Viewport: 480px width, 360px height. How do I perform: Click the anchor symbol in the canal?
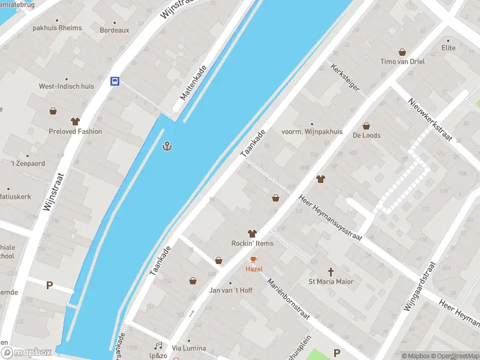coord(168,146)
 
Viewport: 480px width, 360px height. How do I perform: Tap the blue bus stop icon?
coord(115,81)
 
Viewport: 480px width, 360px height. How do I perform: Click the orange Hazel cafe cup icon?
coord(254,259)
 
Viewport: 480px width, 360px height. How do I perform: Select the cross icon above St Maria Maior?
coord(331,272)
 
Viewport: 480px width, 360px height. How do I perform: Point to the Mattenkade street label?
coord(194,83)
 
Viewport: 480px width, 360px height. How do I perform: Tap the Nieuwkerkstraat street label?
coord(429,117)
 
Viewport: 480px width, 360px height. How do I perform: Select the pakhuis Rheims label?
coord(57,28)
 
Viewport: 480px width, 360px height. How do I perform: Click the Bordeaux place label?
coord(114,30)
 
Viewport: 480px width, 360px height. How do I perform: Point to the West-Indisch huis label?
coord(67,86)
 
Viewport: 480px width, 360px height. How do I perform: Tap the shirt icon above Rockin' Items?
coord(252,233)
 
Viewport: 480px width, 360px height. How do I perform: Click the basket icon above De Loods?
coord(366,126)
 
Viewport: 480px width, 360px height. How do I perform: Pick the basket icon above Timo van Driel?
coord(402,52)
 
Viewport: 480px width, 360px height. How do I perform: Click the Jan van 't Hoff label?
coord(230,290)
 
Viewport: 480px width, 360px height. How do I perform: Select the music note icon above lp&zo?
coord(158,346)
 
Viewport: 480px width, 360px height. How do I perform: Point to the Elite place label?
coord(448,48)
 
